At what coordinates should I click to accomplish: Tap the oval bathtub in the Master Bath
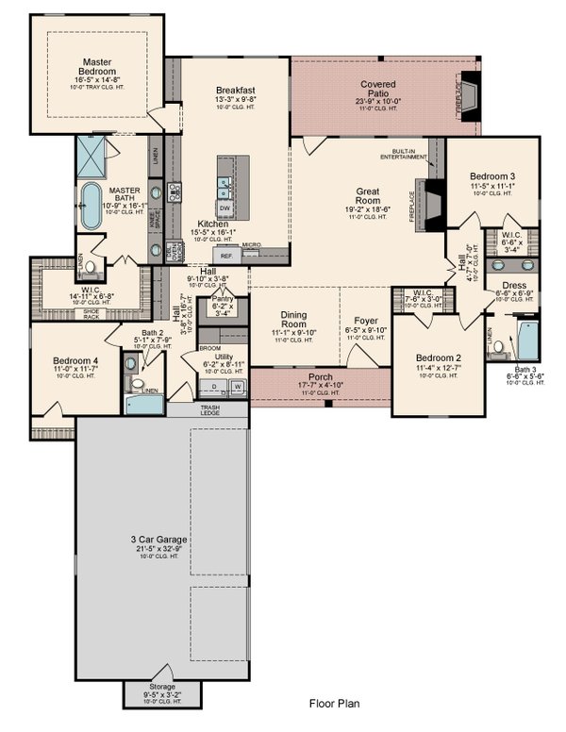point(91,206)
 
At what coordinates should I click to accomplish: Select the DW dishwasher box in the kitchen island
point(225,207)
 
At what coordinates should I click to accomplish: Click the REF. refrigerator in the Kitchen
point(226,255)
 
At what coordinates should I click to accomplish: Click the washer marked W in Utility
point(238,387)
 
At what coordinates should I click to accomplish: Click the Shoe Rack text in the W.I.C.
point(92,315)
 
